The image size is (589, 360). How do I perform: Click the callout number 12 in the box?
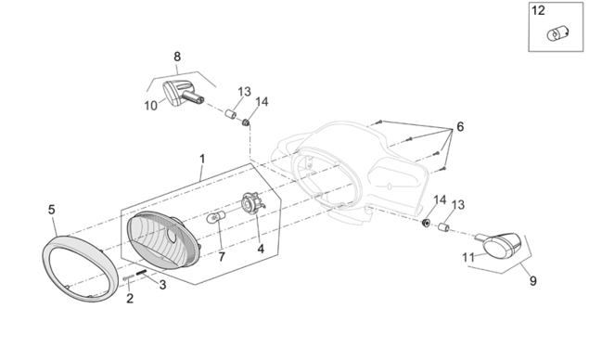[x=538, y=10]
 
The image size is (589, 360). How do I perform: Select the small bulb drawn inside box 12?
[x=557, y=34]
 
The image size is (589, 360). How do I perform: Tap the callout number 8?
[x=177, y=57]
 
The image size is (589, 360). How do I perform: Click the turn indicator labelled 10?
[x=183, y=93]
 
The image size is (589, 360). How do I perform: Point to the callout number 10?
[x=150, y=106]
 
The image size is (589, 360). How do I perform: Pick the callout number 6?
[x=460, y=126]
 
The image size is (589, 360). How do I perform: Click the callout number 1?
[x=202, y=159]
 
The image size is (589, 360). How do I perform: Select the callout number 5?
[x=52, y=210]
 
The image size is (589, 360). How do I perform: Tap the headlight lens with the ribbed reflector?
[x=163, y=240]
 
